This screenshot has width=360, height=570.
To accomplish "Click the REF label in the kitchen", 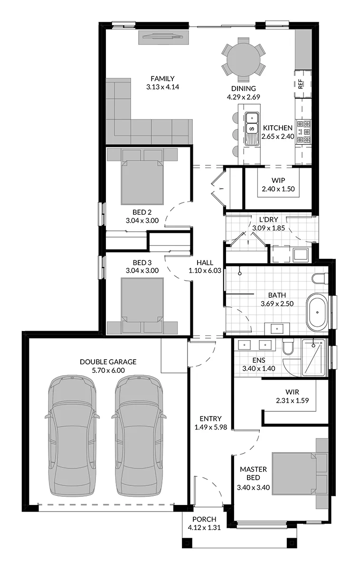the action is point(301,84).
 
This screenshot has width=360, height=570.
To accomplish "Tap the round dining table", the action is point(244,57).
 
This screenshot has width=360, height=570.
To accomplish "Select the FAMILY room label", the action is point(162,78).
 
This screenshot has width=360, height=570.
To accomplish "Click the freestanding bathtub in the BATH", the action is point(317,312).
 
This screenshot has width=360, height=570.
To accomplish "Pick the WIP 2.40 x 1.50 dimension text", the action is point(278,189).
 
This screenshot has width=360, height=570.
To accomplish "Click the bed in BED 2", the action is point(142,181).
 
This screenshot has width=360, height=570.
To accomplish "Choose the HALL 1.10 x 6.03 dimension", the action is point(205,270).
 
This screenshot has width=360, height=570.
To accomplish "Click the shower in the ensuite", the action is point(313,358).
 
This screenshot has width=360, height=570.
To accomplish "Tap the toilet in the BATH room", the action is point(320,279).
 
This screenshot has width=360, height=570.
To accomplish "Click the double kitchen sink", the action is point(252,129).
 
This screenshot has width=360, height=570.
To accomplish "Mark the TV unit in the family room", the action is point(163,37).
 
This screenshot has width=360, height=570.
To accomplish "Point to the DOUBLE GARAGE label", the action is point(108,361).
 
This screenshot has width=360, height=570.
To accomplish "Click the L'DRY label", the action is point(268,219).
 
